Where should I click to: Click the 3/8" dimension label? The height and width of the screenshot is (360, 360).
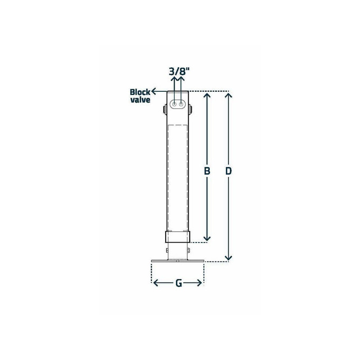[x=179, y=72]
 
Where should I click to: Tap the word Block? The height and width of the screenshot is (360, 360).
[x=140, y=92]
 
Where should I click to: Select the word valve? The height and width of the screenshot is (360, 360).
[x=140, y=100]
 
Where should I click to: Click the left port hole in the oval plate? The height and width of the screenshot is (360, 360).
[x=175, y=104]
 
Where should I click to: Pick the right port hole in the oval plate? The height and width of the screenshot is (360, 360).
[x=181, y=104]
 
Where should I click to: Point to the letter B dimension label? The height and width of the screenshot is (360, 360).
[x=207, y=171]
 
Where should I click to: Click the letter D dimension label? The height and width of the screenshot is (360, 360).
[x=229, y=171]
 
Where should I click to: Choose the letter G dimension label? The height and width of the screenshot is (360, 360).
[x=179, y=283]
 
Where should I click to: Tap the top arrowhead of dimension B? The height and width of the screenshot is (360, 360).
[x=207, y=94]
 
